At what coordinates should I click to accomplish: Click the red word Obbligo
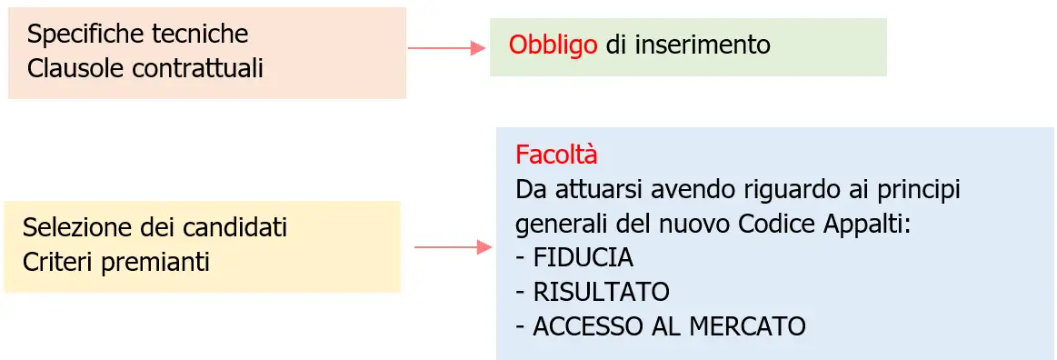553,45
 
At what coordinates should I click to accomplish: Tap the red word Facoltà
556,155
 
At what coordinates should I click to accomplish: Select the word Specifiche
87,35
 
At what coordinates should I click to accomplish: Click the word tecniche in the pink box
202,35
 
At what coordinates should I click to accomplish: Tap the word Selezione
76,226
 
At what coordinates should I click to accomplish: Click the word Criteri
57,262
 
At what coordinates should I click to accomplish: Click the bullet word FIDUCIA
583,258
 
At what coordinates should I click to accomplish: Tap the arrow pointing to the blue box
453,247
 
